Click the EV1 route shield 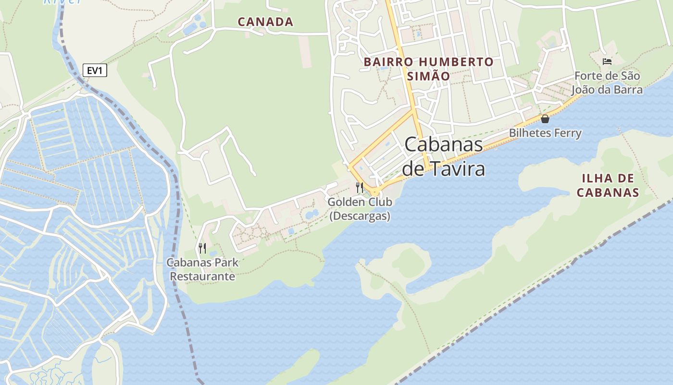[x=95, y=71]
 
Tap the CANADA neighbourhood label [x=265, y=22]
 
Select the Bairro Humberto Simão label [x=428, y=69]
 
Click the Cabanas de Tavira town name [x=443, y=156]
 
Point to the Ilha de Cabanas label [x=608, y=186]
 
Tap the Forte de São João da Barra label [x=607, y=83]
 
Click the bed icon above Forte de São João [x=607, y=61]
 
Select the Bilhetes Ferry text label [x=545, y=133]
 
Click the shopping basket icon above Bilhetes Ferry [x=545, y=119]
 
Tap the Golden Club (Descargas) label [x=360, y=209]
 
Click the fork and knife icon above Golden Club [x=360, y=187]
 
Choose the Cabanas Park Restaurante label [x=202, y=269]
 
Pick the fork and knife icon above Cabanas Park [x=202, y=248]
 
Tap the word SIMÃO [x=428, y=76]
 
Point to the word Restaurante [x=202, y=277]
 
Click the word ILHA [x=596, y=179]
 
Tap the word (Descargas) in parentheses [x=360, y=216]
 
